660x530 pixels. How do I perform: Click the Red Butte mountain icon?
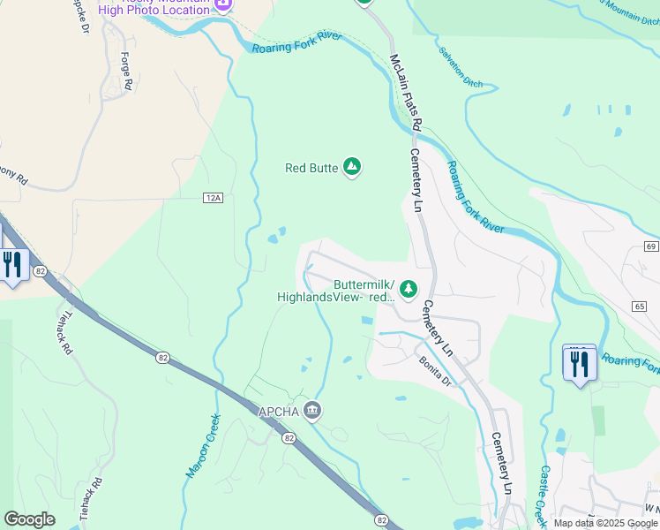click(352, 166)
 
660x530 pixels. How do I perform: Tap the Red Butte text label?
click(311, 168)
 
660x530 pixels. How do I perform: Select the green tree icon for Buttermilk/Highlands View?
click(409, 289)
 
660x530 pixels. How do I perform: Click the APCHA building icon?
click(312, 410)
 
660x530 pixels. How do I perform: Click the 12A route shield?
click(212, 198)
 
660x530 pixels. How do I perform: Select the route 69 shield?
click(651, 246)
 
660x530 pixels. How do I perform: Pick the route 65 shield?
click(639, 306)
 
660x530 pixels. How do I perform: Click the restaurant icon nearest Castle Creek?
click(579, 363)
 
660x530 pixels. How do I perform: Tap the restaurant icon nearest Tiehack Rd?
click(12, 265)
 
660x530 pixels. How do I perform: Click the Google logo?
click(29, 519)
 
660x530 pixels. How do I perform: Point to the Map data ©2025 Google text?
click(606, 523)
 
